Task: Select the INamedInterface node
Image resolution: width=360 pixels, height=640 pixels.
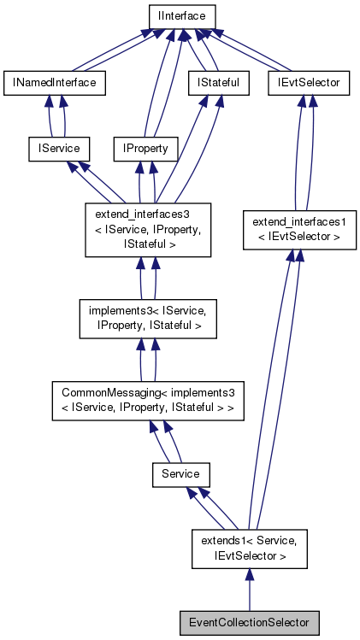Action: pyautogui.click(x=55, y=82)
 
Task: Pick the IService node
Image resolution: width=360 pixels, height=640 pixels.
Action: pyautogui.click(x=55, y=148)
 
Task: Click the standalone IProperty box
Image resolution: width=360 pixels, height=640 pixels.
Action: pyautogui.click(x=145, y=148)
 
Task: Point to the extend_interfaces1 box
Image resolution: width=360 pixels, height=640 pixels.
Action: pyautogui.click(x=298, y=230)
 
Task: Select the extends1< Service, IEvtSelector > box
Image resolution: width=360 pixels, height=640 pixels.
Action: pyautogui.click(x=248, y=548)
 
